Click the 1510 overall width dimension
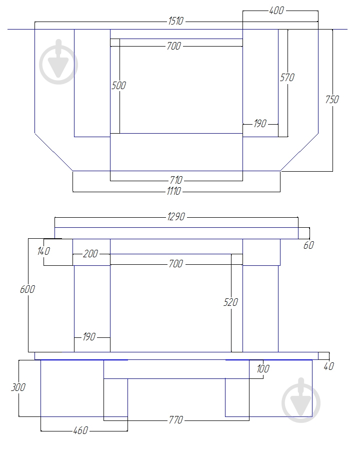pyautogui.click(x=176, y=21)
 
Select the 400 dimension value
pyautogui.click(x=276, y=10)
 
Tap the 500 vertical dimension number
pyautogui.click(x=118, y=86)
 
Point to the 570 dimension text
pyautogui.click(x=287, y=78)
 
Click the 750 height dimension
pyautogui.click(x=332, y=99)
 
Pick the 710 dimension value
pyautogui.click(x=176, y=180)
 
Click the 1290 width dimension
pyautogui.click(x=176, y=217)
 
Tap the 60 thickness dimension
pyautogui.click(x=309, y=245)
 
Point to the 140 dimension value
pyautogui.click(x=43, y=251)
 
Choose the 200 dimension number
pyautogui.click(x=90, y=254)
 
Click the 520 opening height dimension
pyautogui.click(x=231, y=302)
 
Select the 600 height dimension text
pyautogui.click(x=27, y=289)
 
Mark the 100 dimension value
pyautogui.click(x=262, y=369)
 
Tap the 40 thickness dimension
pyautogui.click(x=328, y=366)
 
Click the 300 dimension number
pyautogui.click(x=17, y=387)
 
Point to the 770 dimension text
pyautogui.click(x=176, y=419)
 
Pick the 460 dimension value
pyautogui.click(x=80, y=430)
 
